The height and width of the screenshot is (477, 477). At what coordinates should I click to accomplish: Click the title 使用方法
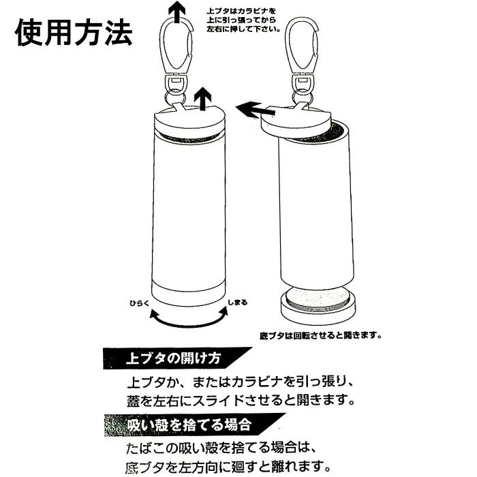(74, 33)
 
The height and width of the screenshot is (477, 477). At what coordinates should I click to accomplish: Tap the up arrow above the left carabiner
(176, 11)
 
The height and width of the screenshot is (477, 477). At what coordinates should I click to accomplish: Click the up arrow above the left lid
(202, 98)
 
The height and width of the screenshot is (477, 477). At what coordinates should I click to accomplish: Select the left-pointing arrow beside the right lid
(256, 110)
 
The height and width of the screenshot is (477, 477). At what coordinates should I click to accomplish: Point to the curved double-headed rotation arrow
(189, 324)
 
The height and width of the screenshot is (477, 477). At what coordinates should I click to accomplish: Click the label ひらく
(140, 303)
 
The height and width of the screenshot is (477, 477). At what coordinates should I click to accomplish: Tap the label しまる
(238, 303)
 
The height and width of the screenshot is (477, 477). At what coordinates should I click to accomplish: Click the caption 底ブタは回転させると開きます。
(321, 335)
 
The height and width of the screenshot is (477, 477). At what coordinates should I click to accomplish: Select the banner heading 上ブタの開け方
(173, 358)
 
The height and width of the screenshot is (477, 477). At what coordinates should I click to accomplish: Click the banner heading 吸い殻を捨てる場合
(189, 425)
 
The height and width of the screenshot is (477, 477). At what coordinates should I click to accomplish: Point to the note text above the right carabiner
(243, 20)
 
